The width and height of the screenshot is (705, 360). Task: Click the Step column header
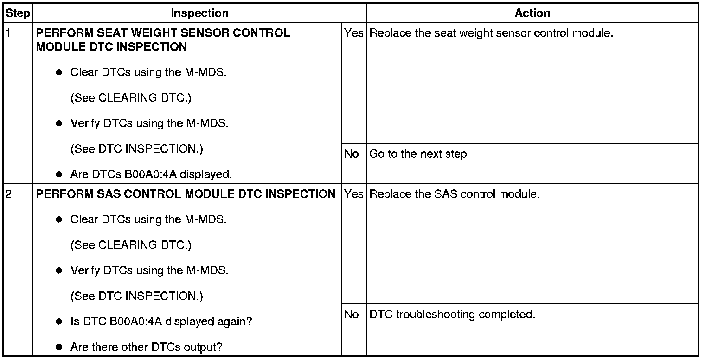[x=18, y=13]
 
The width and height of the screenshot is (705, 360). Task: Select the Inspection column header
[x=199, y=13]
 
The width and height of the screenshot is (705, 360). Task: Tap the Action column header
[x=532, y=13]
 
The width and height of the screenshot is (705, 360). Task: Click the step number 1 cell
[x=8, y=33]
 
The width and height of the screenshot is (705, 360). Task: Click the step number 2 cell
[x=8, y=194]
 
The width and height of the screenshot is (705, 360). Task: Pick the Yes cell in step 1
[x=354, y=33]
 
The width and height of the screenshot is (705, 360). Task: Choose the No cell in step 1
[x=352, y=154]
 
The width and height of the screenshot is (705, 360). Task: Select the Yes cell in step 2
[x=354, y=194]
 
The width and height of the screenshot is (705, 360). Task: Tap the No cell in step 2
[x=352, y=315]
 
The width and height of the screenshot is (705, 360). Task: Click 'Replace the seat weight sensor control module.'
[x=491, y=33]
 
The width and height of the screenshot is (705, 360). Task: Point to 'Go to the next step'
[x=418, y=154]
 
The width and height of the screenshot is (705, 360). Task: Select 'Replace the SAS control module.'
[x=454, y=194]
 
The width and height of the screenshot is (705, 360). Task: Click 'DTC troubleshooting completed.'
[x=452, y=315]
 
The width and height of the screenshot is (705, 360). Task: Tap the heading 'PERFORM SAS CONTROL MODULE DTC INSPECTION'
[x=186, y=194]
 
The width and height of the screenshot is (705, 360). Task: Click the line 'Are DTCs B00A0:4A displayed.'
[x=151, y=175]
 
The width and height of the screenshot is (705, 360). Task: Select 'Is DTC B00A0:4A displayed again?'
[x=161, y=321]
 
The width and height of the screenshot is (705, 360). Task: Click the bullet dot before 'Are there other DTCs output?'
[x=59, y=347]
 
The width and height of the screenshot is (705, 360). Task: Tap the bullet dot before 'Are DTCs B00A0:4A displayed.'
[x=59, y=175]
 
